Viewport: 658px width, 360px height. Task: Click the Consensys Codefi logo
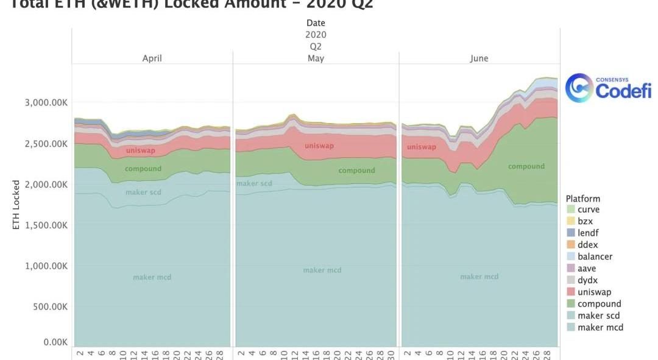click(x=608, y=88)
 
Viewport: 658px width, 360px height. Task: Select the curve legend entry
click(x=589, y=210)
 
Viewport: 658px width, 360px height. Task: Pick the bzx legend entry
click(x=584, y=221)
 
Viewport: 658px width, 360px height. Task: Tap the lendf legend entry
click(x=587, y=233)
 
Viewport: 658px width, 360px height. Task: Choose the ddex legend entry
click(x=587, y=245)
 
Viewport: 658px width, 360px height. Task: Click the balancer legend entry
click(x=595, y=256)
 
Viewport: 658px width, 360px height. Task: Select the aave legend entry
click(x=587, y=268)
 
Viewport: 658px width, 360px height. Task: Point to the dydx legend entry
click(x=587, y=280)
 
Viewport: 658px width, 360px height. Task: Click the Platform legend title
click(x=582, y=199)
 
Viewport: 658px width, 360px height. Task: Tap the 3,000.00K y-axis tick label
click(x=46, y=102)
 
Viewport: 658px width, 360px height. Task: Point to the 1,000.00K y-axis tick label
click(x=46, y=266)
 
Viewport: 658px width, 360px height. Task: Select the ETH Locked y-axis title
click(x=16, y=205)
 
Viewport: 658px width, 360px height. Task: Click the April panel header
click(x=152, y=58)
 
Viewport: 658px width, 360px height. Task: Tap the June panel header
click(x=479, y=58)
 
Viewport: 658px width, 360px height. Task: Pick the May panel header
click(x=316, y=58)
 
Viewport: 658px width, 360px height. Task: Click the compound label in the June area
click(x=526, y=166)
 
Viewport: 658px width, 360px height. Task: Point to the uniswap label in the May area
click(x=319, y=146)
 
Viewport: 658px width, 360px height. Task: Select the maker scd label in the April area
click(x=143, y=192)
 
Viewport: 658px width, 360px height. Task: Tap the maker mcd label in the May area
click(x=322, y=270)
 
